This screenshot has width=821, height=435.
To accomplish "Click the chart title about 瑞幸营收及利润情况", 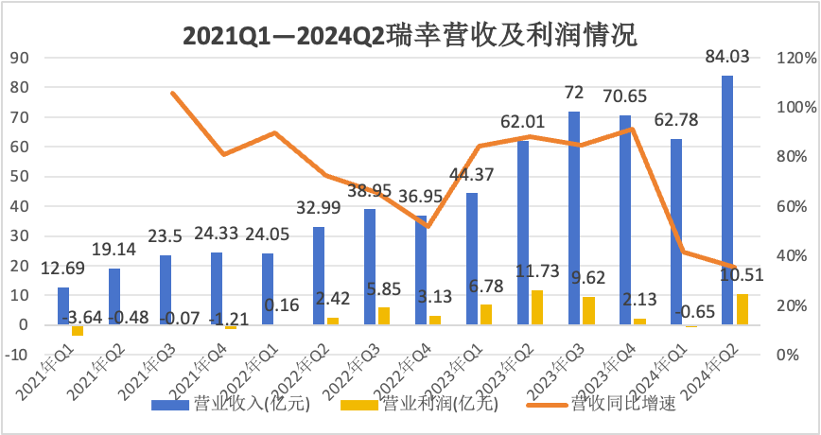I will [410, 35].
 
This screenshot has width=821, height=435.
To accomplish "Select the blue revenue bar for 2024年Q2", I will [727, 200].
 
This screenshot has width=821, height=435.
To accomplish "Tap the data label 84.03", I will [727, 58].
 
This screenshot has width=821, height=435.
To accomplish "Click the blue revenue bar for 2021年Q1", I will [63, 305].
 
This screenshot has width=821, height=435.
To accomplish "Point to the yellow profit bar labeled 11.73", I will [537, 307].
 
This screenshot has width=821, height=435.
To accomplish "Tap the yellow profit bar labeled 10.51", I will [742, 309].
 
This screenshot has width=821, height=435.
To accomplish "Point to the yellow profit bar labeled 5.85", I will [384, 316].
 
